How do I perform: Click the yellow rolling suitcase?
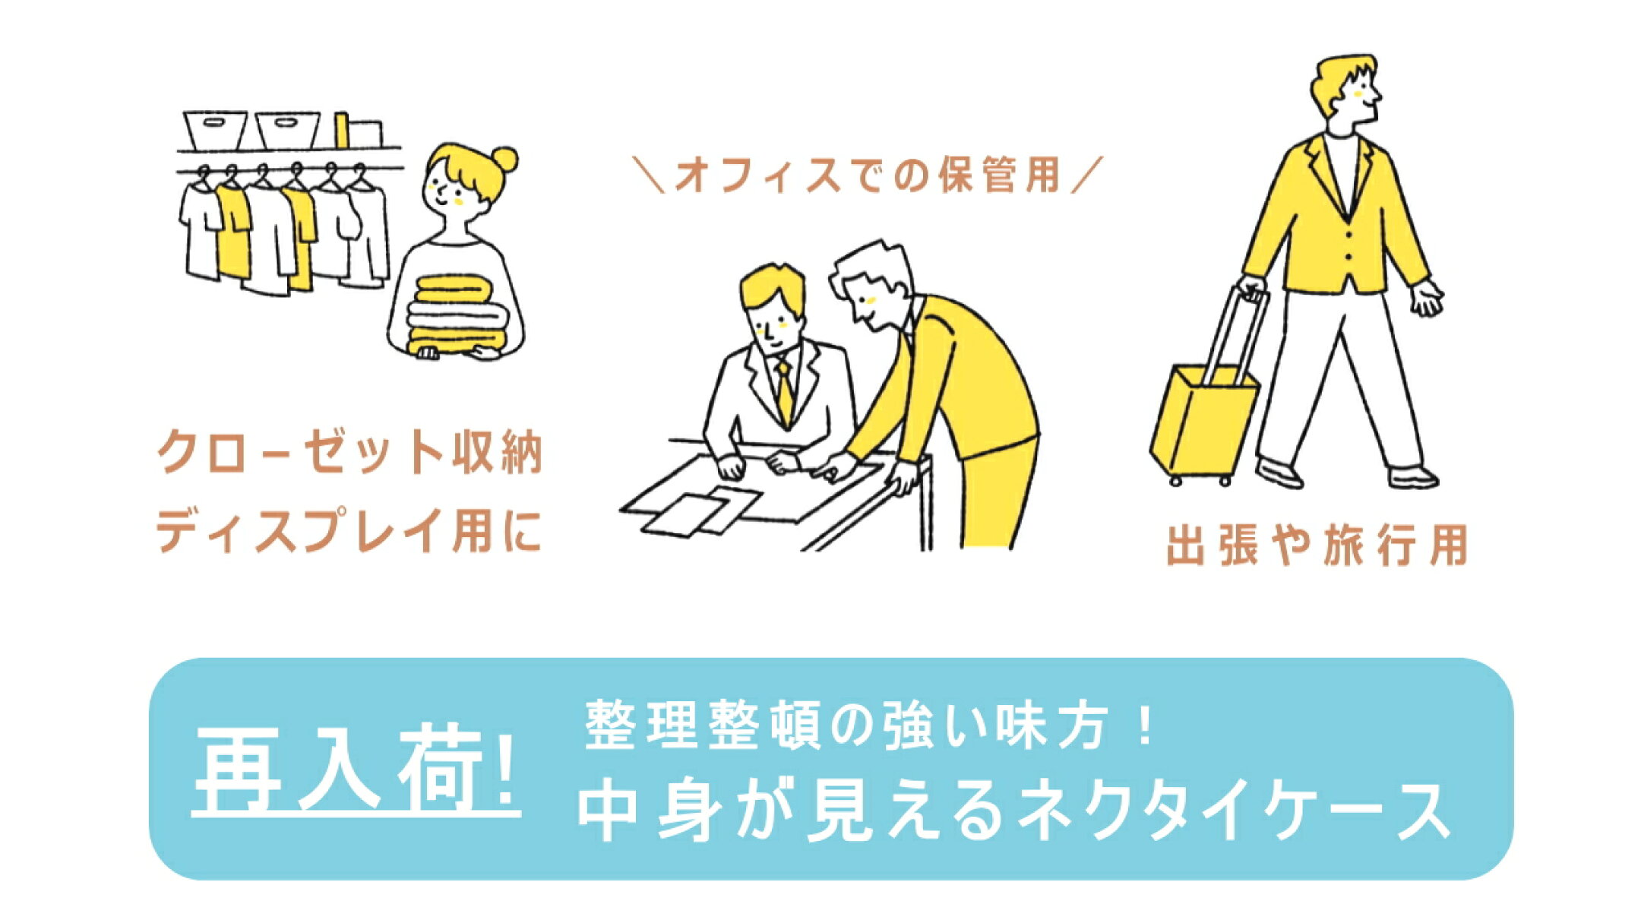[x=1204, y=422]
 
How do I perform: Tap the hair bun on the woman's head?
[x=504, y=159]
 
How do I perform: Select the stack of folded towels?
[x=457, y=315]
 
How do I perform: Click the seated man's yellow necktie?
[x=784, y=392]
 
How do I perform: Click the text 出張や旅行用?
[x=1317, y=545]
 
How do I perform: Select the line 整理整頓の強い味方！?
[x=871, y=726]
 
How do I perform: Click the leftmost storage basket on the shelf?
[x=216, y=130]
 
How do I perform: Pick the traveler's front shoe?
[x=1413, y=477]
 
